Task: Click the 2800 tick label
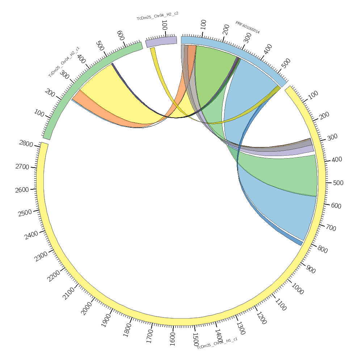click(x=26, y=144)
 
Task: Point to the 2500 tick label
click(x=25, y=213)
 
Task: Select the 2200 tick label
click(x=54, y=276)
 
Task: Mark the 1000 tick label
click(x=297, y=289)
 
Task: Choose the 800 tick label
click(x=322, y=249)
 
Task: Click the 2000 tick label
click(x=87, y=308)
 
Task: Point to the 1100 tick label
click(x=281, y=304)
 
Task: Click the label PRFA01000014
click(x=248, y=27)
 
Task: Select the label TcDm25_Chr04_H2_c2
click(x=157, y=16)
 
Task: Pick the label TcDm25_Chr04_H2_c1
click(x=64, y=62)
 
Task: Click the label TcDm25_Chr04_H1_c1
click(x=217, y=342)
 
